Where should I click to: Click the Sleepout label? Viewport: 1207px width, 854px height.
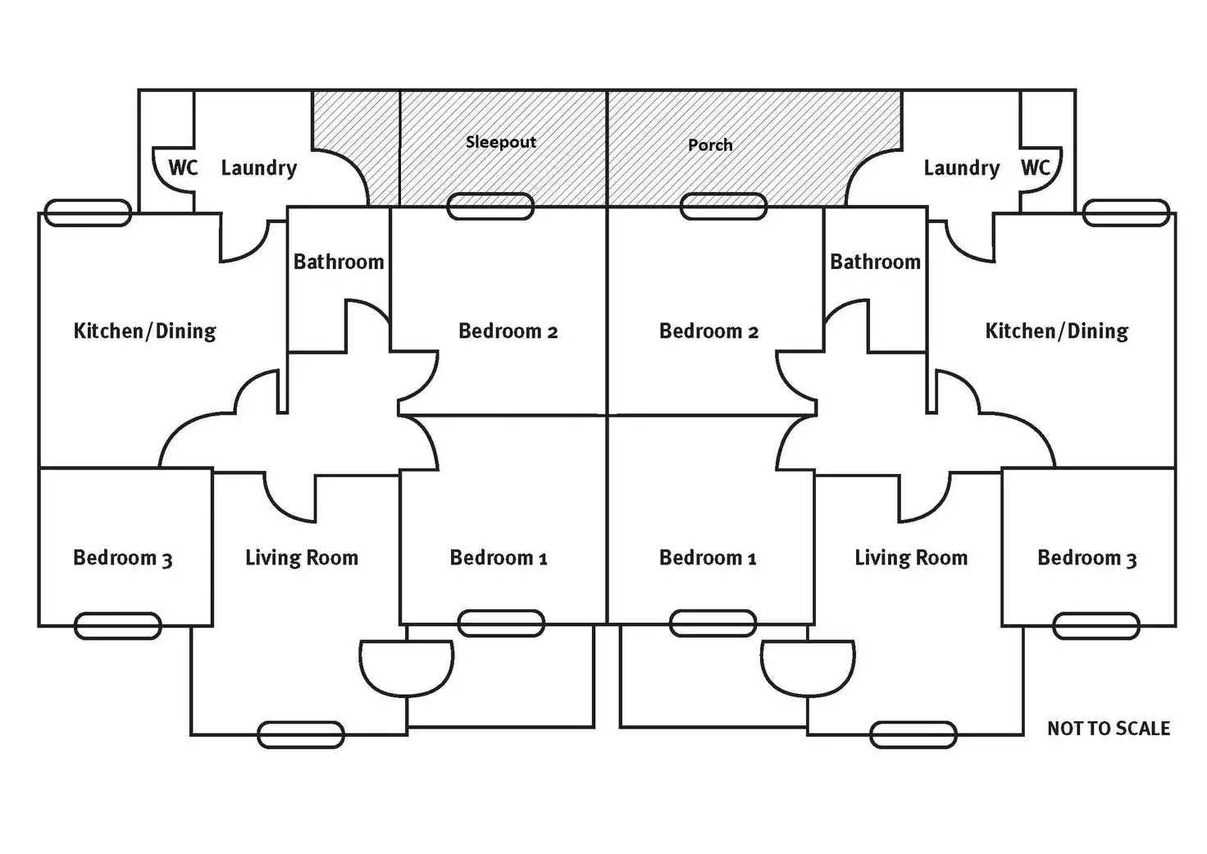(500, 142)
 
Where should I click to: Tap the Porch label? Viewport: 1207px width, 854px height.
(710, 145)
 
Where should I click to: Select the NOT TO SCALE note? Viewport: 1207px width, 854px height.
(1108, 728)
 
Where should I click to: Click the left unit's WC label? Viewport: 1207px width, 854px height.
(183, 168)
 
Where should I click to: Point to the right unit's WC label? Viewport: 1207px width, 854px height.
(1035, 168)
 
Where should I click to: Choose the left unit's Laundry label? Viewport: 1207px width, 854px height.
(259, 168)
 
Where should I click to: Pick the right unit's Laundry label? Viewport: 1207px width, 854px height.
(961, 168)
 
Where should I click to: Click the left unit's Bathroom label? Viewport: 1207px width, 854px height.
(339, 263)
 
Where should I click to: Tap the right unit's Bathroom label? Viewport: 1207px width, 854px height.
(875, 263)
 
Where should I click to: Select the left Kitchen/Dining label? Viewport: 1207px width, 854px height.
(145, 331)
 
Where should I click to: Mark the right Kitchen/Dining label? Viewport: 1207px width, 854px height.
(1056, 331)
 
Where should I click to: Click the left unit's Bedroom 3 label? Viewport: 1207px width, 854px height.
(123, 559)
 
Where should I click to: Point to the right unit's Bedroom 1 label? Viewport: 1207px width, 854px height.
(708, 559)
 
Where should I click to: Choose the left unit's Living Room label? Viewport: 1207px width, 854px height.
(302, 559)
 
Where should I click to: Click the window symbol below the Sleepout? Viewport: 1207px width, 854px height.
(490, 207)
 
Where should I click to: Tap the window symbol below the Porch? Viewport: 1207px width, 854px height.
(724, 207)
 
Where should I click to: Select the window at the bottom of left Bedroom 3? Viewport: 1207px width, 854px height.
(117, 626)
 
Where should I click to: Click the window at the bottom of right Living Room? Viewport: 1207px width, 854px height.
(913, 735)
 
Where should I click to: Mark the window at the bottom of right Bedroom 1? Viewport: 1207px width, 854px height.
(713, 623)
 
